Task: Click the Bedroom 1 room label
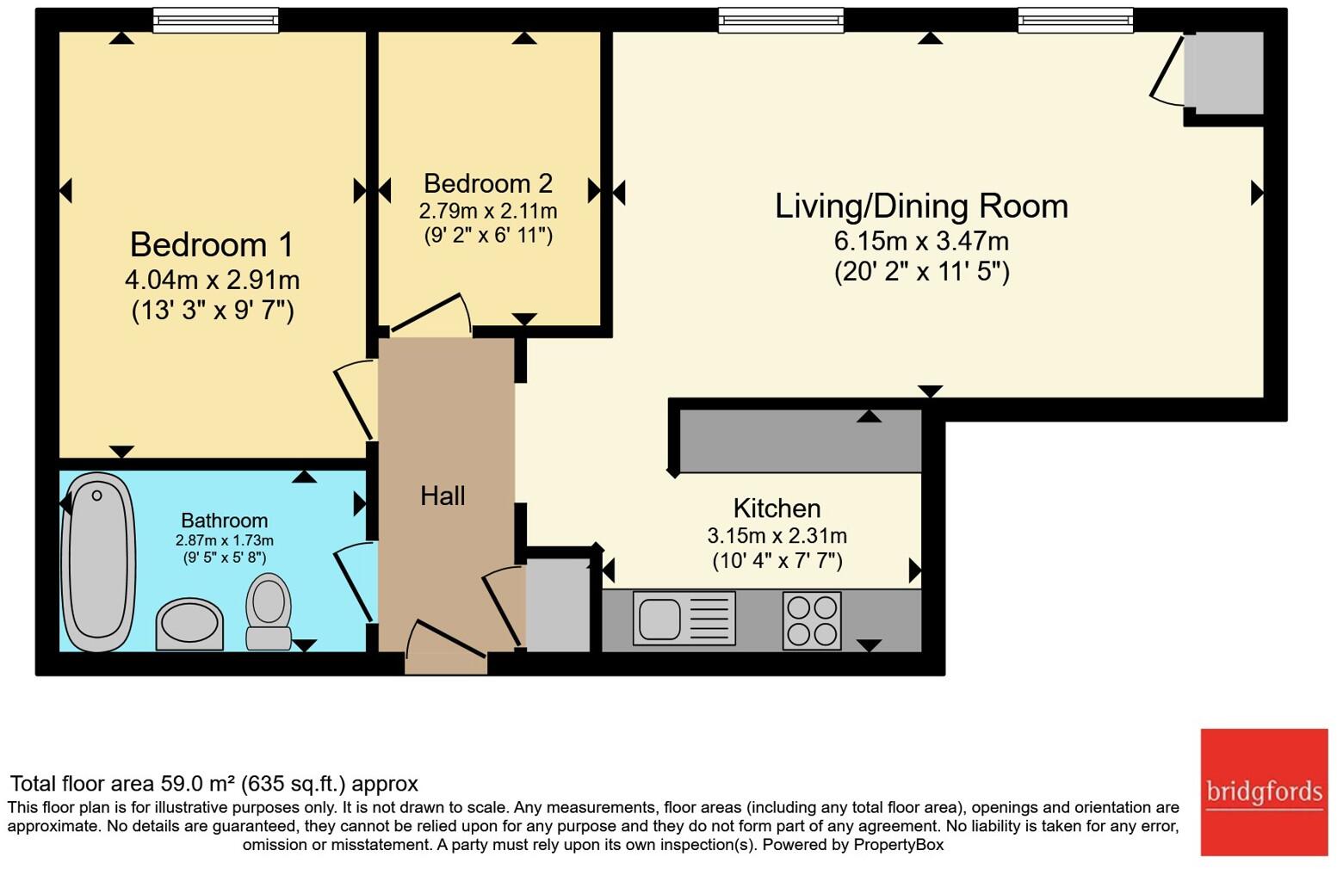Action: [212, 245]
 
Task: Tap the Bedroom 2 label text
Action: [487, 183]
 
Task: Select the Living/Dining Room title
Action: [921, 206]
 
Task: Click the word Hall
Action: [443, 496]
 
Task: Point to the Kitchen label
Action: [777, 508]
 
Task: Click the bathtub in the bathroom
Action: [98, 562]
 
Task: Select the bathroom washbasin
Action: [189, 624]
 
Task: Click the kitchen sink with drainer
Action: [684, 618]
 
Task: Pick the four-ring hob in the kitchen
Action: [812, 620]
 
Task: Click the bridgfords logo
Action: [1264, 792]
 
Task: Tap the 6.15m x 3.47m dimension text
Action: [921, 241]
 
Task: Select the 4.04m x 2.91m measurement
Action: [212, 280]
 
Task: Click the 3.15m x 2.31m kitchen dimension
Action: [777, 536]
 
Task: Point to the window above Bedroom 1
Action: [215, 20]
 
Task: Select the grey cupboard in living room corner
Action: [1223, 73]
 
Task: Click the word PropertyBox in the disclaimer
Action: [898, 845]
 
